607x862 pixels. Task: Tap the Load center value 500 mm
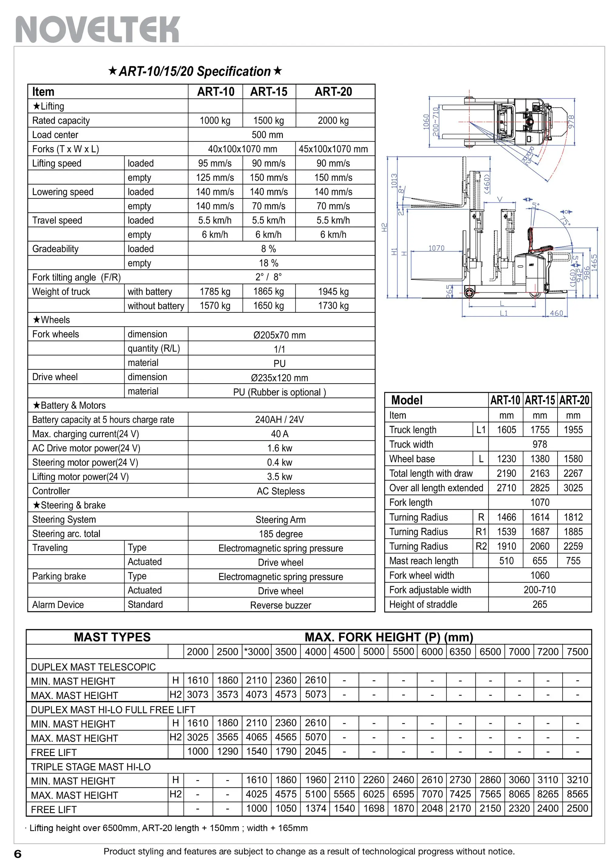point(267,135)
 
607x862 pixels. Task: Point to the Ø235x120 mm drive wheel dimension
point(279,378)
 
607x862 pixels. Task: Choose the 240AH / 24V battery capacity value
point(279,419)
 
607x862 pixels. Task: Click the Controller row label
point(51,491)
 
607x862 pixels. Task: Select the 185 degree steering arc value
point(280,534)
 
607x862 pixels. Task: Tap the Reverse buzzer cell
point(280,605)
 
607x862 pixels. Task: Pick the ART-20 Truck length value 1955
point(573,430)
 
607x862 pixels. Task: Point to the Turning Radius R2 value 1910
point(507,546)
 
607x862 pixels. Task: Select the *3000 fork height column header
point(256,652)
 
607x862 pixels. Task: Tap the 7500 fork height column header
point(577,652)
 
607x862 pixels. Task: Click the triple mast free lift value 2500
point(577,808)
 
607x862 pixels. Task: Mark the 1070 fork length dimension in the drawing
point(436,248)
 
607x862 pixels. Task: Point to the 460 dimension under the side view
point(556,313)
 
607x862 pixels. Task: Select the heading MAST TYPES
point(112,637)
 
